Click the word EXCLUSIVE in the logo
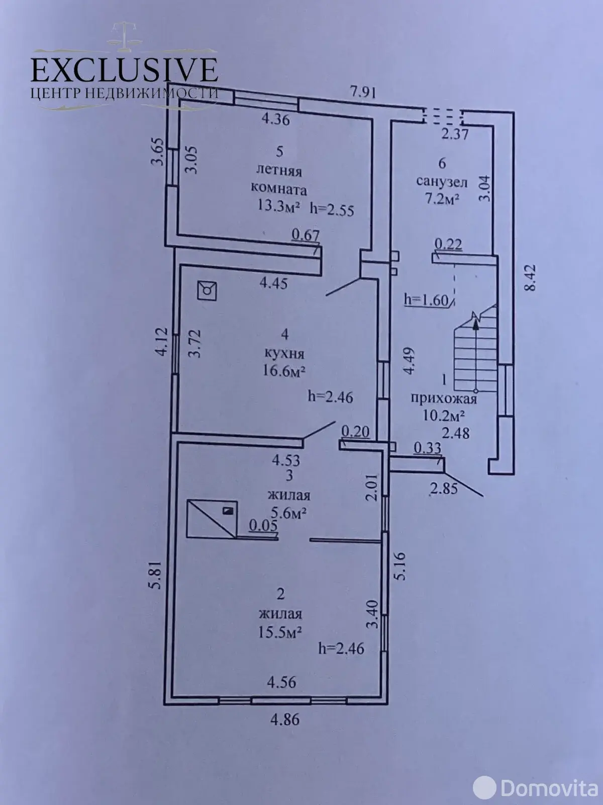124,69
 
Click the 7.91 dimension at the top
363,92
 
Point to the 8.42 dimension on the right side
533,283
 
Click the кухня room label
284,353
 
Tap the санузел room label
442,181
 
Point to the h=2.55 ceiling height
332,209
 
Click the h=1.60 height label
426,300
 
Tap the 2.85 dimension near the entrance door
444,488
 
